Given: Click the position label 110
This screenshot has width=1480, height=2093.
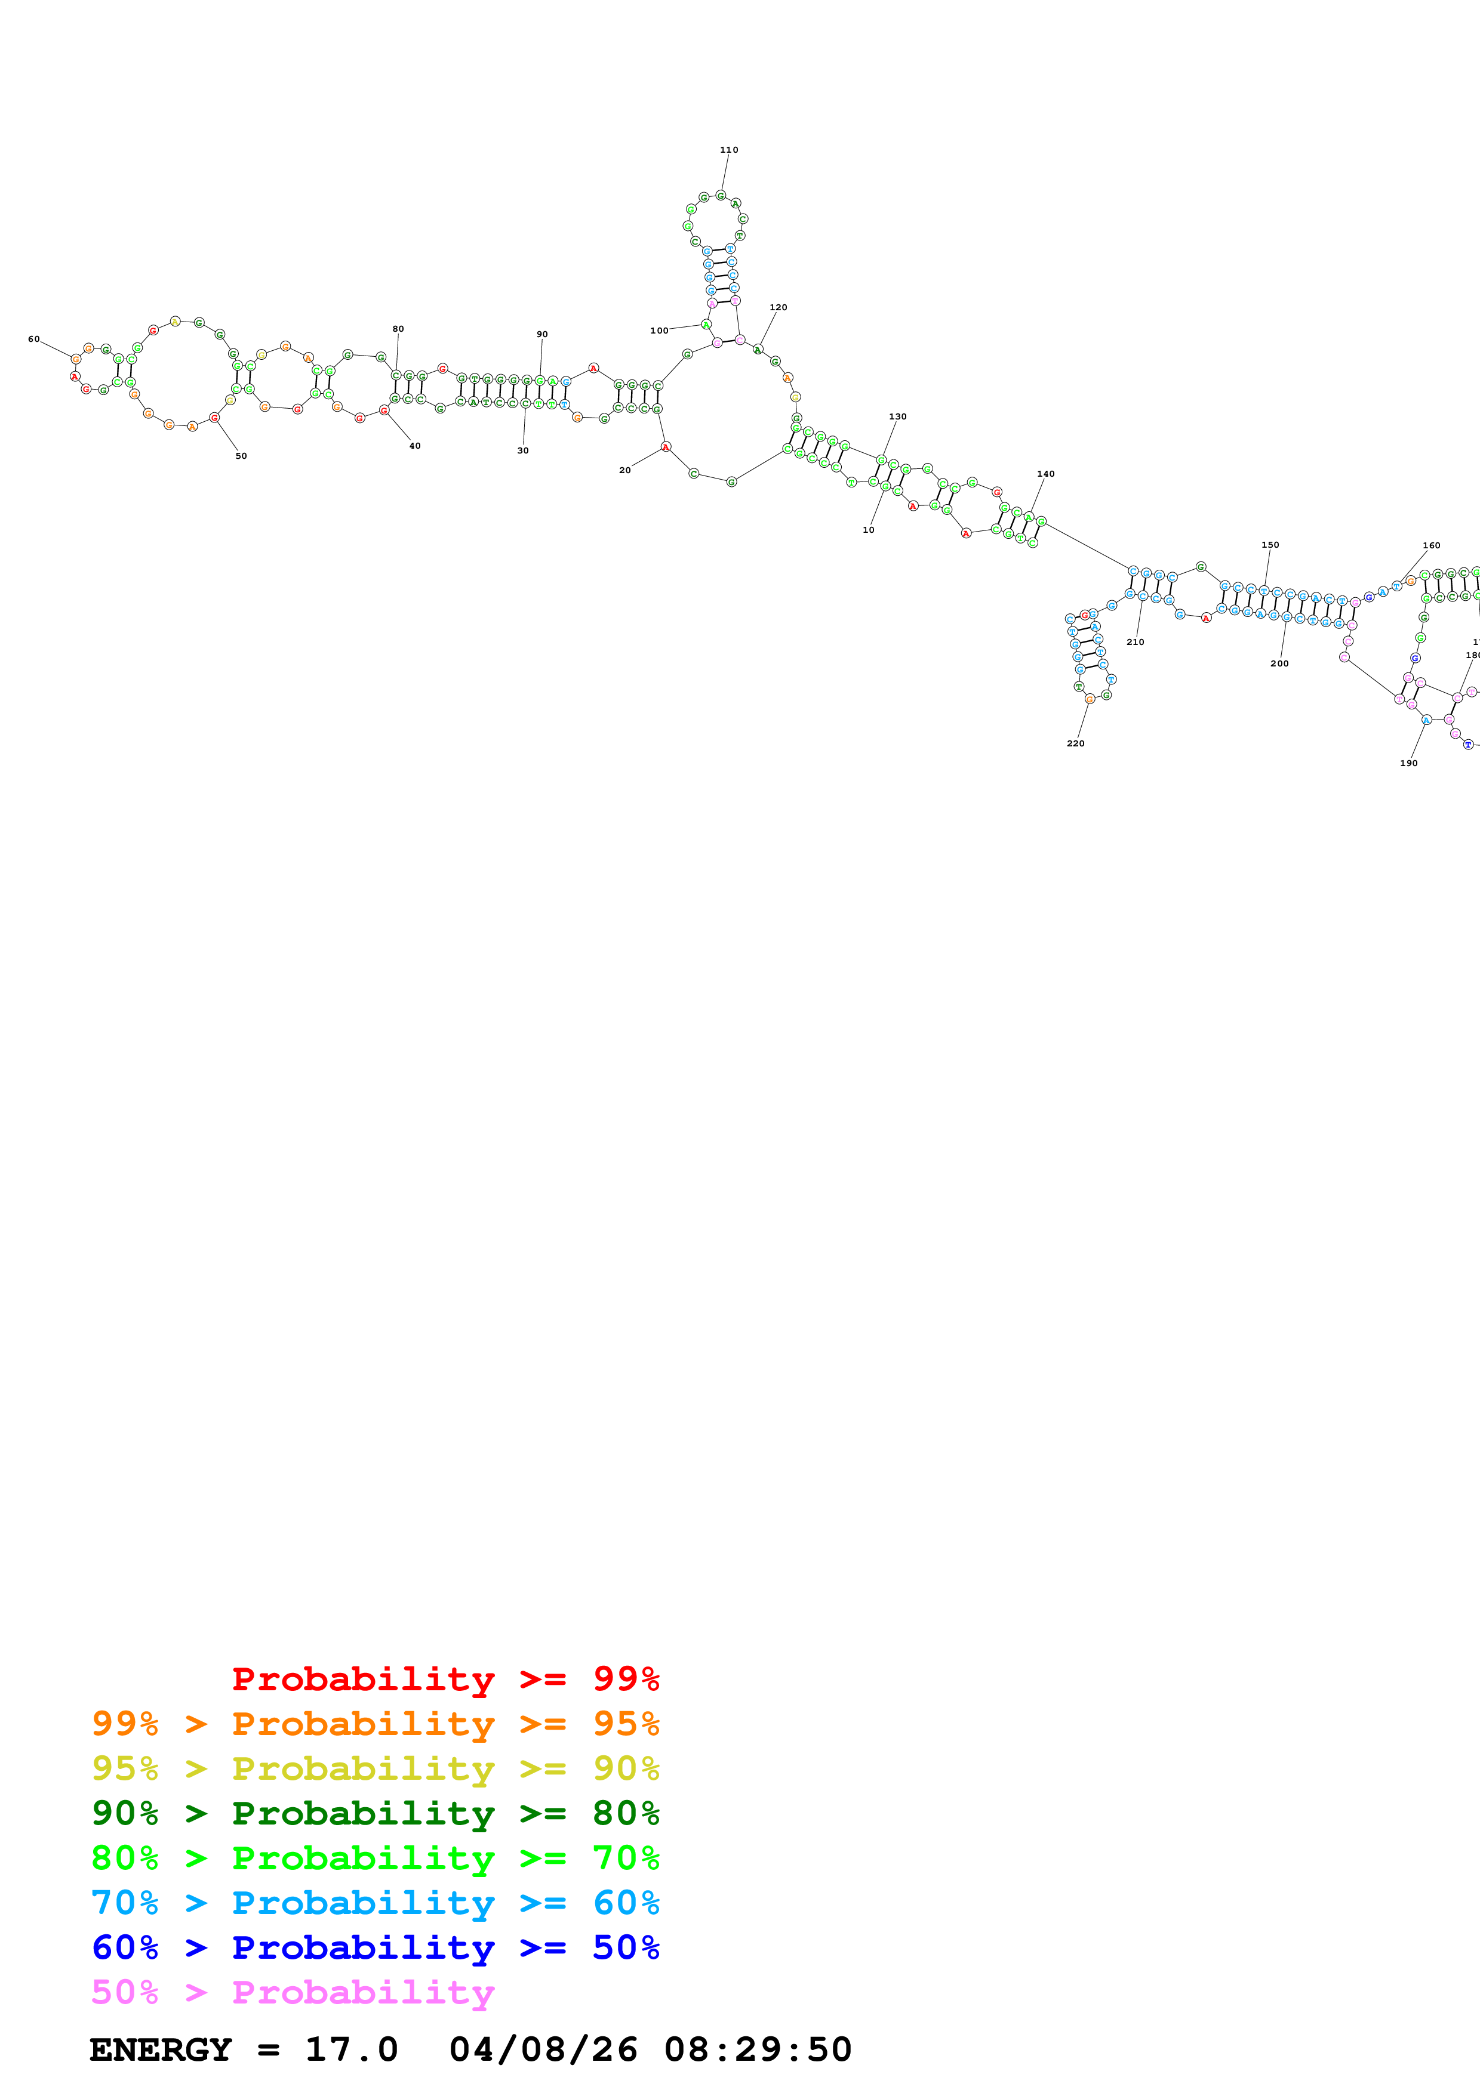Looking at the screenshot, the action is click(x=728, y=150).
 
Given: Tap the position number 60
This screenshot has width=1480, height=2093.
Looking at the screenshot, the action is click(x=34, y=339).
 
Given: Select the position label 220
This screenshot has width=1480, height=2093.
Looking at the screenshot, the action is click(x=1075, y=743).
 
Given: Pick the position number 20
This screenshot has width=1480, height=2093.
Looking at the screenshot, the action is click(x=624, y=470).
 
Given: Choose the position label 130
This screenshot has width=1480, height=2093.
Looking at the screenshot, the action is click(x=897, y=416).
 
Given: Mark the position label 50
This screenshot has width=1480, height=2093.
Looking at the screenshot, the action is click(x=241, y=456).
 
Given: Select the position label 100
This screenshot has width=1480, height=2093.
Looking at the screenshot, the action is click(x=659, y=331).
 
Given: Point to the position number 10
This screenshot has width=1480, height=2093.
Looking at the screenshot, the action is click(x=868, y=530).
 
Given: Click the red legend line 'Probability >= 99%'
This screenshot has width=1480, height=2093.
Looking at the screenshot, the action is click(x=445, y=1679).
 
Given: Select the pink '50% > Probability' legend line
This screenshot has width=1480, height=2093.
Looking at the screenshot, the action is click(x=293, y=1992).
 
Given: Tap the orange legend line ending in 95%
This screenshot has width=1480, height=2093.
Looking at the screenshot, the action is click(x=375, y=1724).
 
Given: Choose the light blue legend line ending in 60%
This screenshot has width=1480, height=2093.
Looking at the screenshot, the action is click(x=375, y=1903).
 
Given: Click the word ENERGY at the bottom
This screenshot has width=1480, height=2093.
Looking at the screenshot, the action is click(x=161, y=2050).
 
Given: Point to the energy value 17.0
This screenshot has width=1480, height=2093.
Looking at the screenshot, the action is click(x=351, y=2050).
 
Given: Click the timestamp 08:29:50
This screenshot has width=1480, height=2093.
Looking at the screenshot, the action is click(x=757, y=2050).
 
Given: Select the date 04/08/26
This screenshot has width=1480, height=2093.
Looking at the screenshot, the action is click(x=543, y=2050).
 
